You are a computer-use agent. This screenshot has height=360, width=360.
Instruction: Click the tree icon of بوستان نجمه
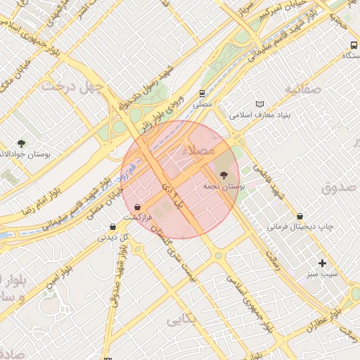coord(224,175)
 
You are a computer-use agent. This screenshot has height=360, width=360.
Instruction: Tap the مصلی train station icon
coord(202,93)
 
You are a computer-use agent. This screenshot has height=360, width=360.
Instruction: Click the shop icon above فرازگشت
coord(137,207)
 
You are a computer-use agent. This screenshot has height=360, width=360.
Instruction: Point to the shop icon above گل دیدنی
coord(112,226)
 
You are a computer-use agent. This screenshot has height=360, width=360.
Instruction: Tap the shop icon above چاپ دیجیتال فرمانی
coord(300,216)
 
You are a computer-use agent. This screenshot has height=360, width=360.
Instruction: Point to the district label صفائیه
coord(302,89)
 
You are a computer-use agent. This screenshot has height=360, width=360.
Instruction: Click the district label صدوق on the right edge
coord(340,188)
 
